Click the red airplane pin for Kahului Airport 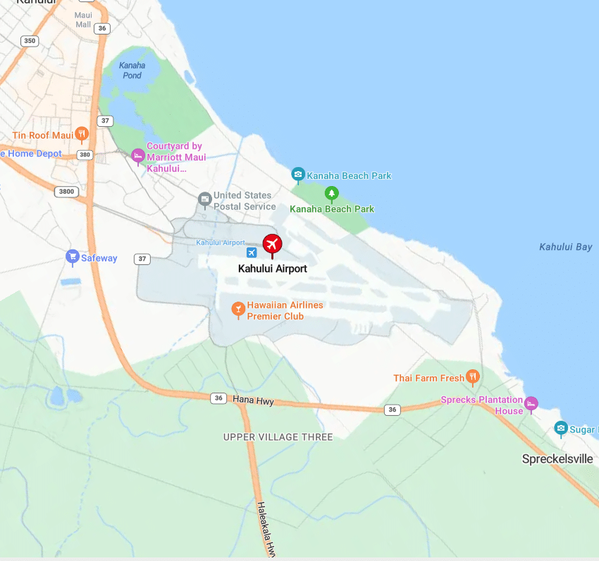click(x=272, y=244)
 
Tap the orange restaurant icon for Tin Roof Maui click(x=82, y=133)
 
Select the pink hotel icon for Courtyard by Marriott click(x=138, y=155)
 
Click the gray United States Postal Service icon click(x=204, y=199)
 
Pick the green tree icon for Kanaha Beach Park click(x=331, y=193)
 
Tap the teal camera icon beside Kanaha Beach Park click(x=298, y=175)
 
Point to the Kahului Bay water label click(x=565, y=247)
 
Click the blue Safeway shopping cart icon click(x=71, y=257)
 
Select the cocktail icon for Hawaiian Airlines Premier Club click(x=238, y=309)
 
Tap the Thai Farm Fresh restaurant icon click(x=473, y=377)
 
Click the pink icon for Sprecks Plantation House click(x=531, y=403)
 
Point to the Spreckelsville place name click(x=557, y=459)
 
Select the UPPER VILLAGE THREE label click(x=278, y=437)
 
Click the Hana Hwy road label click(x=252, y=400)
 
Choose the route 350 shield click(x=29, y=41)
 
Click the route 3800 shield click(x=66, y=191)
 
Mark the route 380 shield click(x=85, y=154)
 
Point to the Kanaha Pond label click(x=132, y=70)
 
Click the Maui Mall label click(x=83, y=19)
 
